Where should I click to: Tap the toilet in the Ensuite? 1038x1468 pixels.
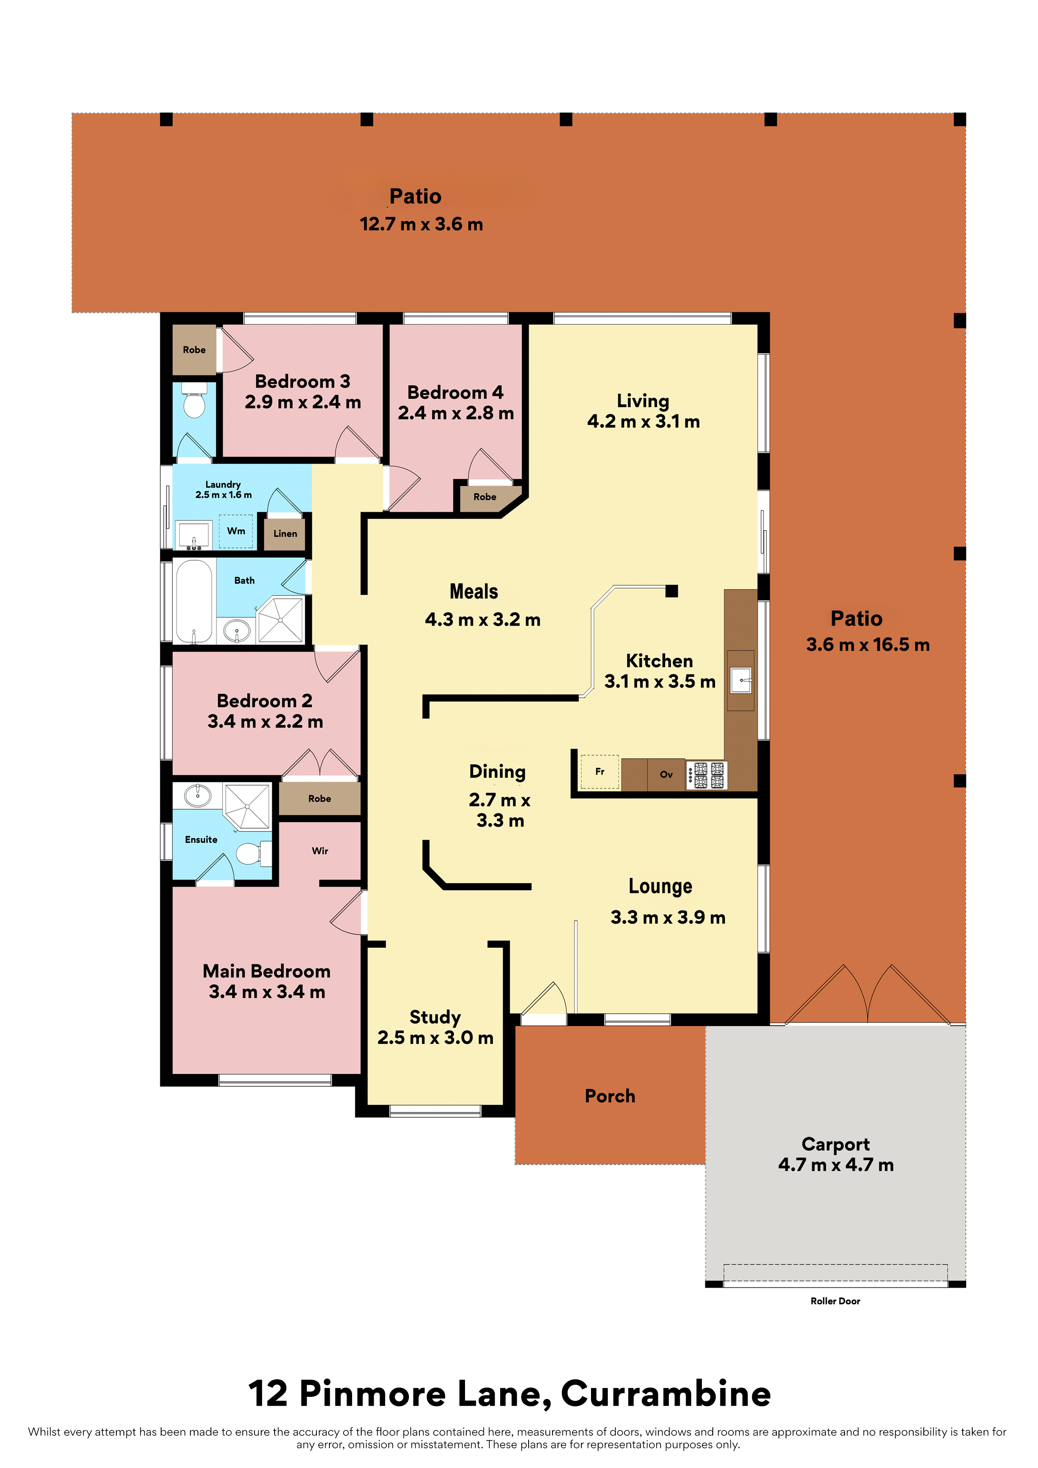coord(253,853)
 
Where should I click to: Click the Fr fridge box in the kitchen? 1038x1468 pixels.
coord(600,772)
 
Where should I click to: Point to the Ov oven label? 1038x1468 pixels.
coord(666,774)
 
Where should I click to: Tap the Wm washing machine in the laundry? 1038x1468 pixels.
coord(236,531)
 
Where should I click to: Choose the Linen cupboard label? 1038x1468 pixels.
coord(285,533)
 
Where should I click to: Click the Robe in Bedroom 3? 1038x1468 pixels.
coord(195,350)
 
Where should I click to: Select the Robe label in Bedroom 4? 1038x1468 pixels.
coord(485,497)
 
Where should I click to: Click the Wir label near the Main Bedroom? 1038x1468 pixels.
coord(320,851)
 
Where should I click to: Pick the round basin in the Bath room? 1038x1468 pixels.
coord(236,631)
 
